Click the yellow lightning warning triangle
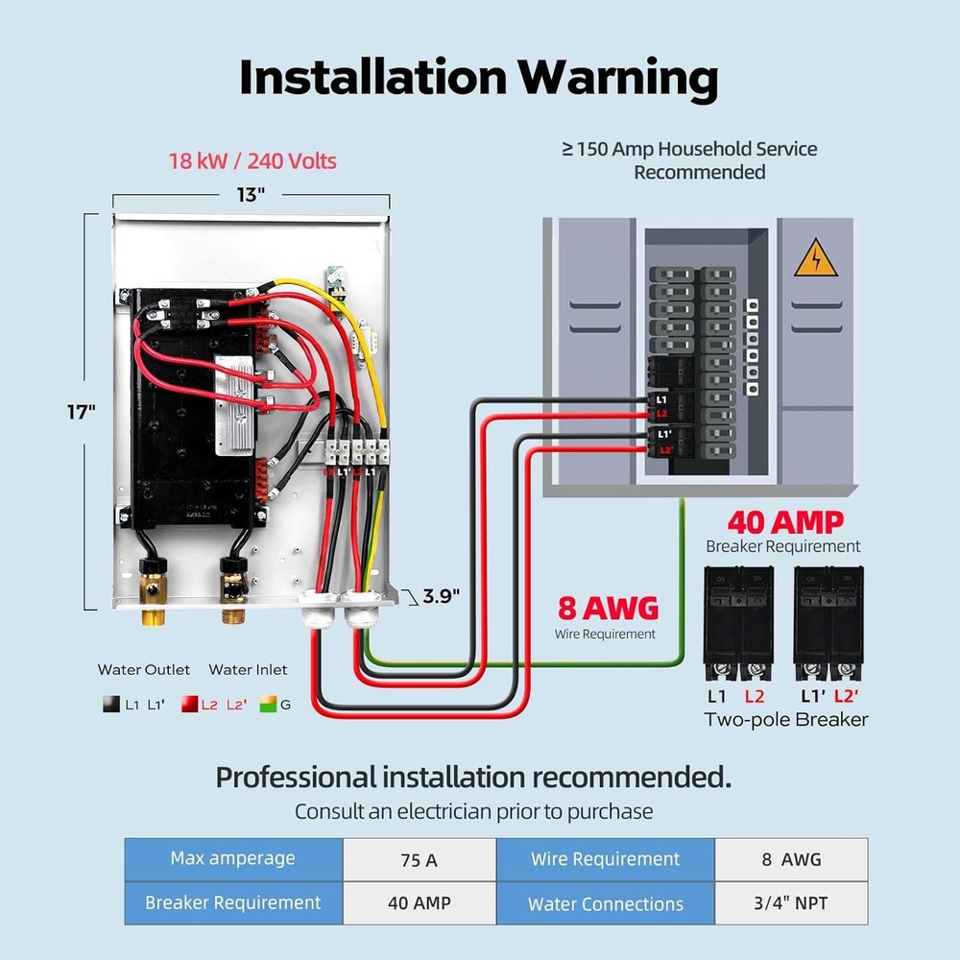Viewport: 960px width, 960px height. (x=816, y=259)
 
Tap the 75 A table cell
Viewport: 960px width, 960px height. (x=419, y=859)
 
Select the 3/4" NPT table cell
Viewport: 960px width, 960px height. (x=791, y=903)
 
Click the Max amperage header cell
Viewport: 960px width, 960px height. (x=233, y=858)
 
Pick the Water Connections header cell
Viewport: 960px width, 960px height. (x=605, y=903)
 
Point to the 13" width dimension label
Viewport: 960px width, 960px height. (x=251, y=195)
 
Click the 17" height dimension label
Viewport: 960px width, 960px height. (x=82, y=412)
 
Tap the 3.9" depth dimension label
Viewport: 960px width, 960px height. (x=442, y=596)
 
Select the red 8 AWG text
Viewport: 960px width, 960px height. (x=608, y=609)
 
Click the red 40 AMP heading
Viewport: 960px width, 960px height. (x=784, y=522)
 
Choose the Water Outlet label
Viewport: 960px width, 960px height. (x=144, y=669)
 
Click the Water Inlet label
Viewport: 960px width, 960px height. (x=248, y=669)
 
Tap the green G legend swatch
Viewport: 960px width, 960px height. (x=267, y=705)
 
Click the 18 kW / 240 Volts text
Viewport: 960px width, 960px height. (x=252, y=160)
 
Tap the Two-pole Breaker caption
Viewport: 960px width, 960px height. (x=785, y=719)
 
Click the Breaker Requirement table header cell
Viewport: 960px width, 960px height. (x=233, y=902)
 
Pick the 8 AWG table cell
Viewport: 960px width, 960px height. (x=791, y=859)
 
